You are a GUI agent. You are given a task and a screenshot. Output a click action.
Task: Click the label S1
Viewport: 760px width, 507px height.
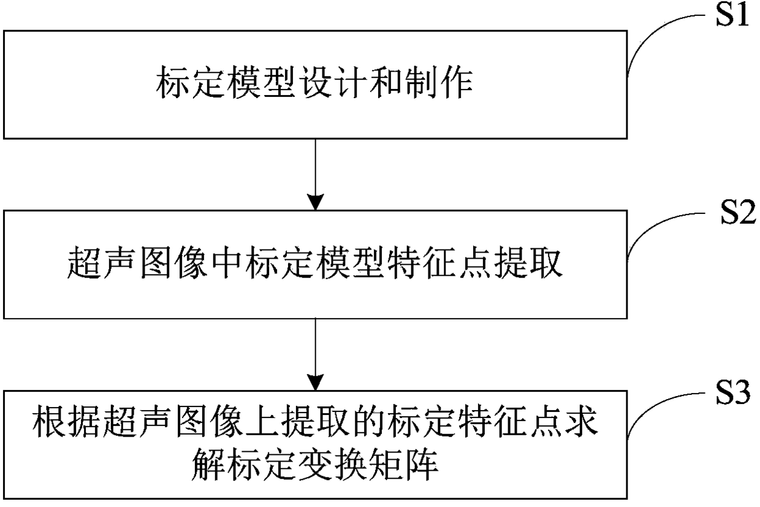coord(732,15)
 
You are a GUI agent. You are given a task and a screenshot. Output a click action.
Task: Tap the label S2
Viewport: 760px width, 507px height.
coord(738,213)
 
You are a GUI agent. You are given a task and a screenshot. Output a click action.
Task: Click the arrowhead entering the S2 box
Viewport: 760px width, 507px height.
coord(315,202)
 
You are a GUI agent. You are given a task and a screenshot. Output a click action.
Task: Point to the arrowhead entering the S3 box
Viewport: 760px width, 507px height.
coord(315,383)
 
